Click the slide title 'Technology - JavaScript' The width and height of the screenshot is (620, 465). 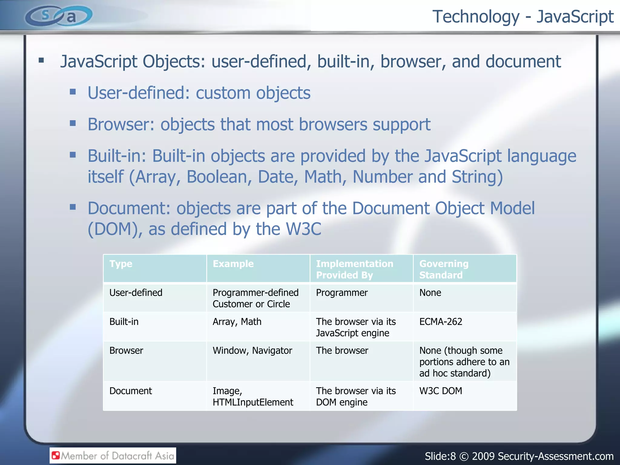(523, 17)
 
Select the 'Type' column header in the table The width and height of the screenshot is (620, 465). (121, 264)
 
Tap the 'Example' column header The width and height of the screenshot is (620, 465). (233, 264)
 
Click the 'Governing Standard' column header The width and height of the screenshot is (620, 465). (444, 269)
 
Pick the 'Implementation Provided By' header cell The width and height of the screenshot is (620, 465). (355, 269)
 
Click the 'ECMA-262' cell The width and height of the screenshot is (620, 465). (440, 322)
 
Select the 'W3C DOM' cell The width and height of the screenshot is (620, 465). (440, 391)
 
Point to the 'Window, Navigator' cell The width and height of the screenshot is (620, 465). (252, 351)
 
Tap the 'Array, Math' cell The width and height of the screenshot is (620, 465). (237, 322)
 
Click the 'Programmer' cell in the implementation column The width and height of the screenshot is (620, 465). (342, 293)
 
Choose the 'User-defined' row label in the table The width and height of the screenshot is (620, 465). (136, 293)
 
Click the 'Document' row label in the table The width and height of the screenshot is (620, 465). (130, 391)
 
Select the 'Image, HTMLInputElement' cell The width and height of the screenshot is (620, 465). (253, 397)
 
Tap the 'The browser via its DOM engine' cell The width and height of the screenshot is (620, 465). (356, 397)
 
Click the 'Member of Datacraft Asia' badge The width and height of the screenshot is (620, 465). (113, 456)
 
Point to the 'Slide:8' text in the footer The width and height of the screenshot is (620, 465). (440, 456)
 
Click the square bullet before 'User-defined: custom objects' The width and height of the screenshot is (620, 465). (73, 92)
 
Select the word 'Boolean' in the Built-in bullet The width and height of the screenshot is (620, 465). (219, 177)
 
